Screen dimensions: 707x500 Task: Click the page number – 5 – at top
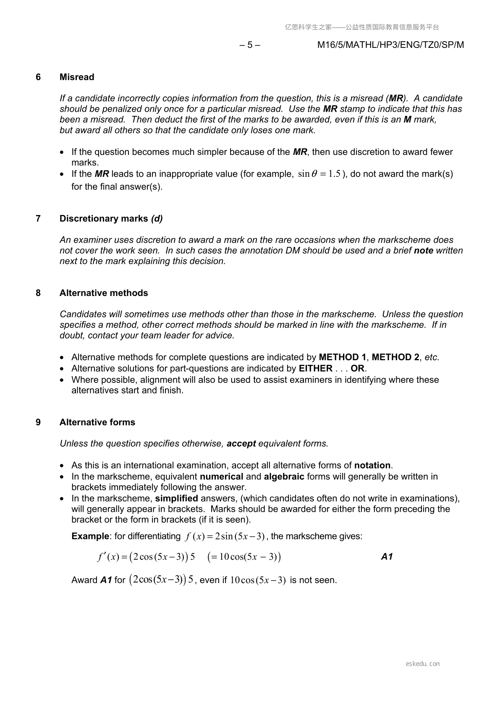[249, 45]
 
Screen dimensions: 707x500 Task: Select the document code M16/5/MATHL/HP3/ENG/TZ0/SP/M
[390, 45]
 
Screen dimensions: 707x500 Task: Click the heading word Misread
[77, 77]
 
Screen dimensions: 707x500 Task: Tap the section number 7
[38, 219]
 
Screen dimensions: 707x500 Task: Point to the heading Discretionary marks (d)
[111, 219]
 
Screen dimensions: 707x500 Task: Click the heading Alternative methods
[104, 293]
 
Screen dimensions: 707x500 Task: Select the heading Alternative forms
[97, 422]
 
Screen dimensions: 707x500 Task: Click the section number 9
[38, 422]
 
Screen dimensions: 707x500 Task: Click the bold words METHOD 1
[342, 357]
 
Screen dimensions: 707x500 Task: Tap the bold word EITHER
[315, 369]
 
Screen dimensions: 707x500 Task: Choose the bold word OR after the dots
[358, 369]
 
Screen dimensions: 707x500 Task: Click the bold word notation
[372, 466]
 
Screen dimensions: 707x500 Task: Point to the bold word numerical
[221, 477]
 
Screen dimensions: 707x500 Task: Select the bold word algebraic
[284, 477]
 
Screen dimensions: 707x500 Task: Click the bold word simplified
[176, 499]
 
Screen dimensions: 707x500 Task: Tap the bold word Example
[90, 537]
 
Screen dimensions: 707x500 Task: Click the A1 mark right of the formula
[387, 557]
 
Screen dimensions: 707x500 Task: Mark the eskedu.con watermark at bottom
[423, 664]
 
